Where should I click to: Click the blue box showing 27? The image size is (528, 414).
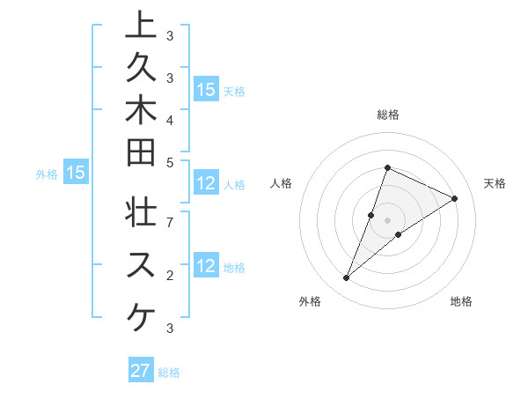tap(141, 371)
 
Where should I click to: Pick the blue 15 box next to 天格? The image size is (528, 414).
tap(206, 90)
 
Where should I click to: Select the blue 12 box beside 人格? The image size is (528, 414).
tap(206, 183)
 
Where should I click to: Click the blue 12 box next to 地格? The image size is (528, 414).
tap(206, 267)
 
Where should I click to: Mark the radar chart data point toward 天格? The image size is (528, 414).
tap(454, 198)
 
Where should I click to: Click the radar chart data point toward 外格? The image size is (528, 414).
tap(347, 278)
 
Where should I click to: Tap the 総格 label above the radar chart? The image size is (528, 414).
tap(388, 115)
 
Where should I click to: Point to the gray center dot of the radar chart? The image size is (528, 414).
tap(388, 220)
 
